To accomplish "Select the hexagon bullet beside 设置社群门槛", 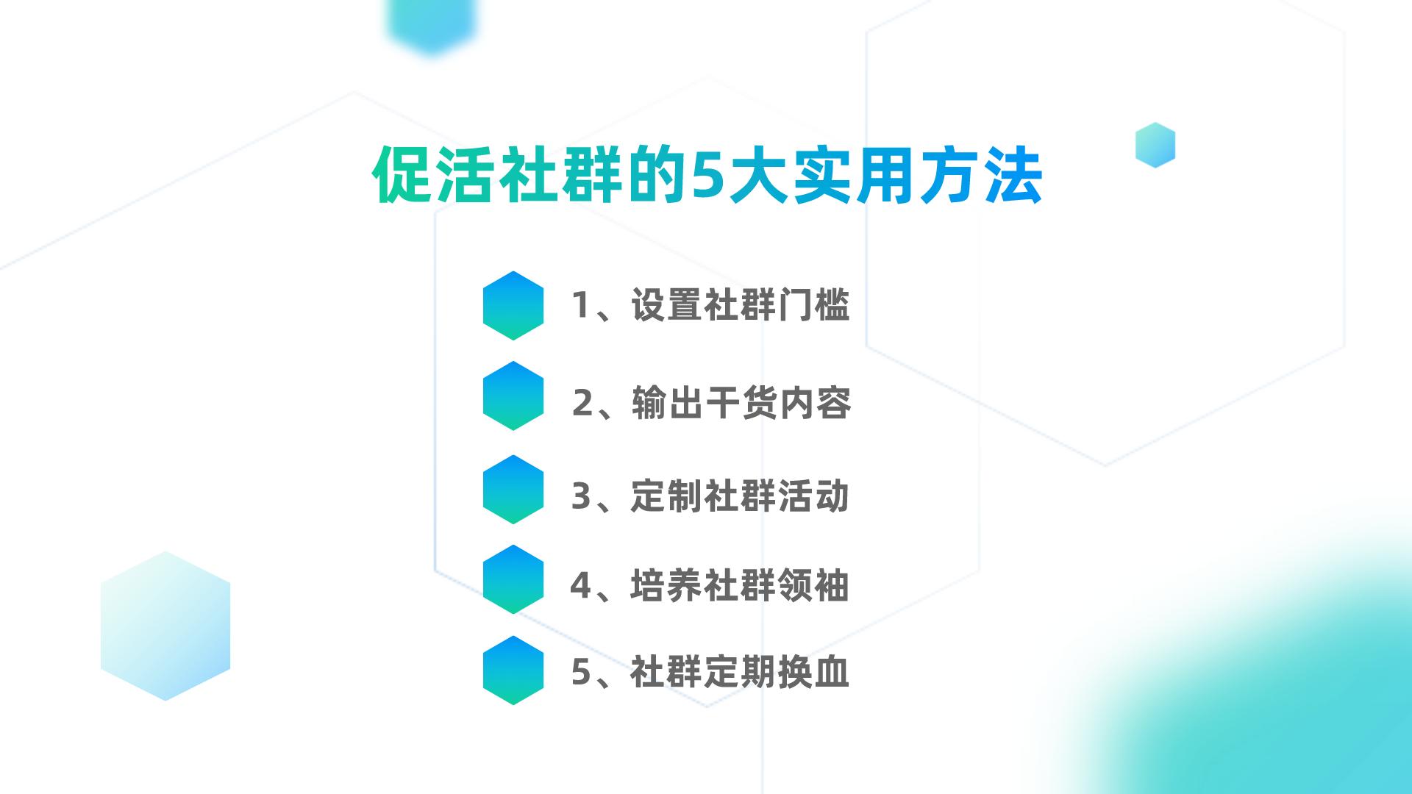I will point(513,305).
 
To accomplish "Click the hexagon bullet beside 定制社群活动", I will point(513,489).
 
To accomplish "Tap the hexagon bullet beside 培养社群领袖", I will point(513,579).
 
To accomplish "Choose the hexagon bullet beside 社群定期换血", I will point(513,670).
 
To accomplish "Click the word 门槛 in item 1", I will point(813,305).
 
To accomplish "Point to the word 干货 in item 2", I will point(741,403).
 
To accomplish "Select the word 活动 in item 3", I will point(813,496).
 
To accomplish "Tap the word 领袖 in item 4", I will point(813,586).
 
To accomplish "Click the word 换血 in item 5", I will point(813,672).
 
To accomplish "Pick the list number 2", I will point(582,403).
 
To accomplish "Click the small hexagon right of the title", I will point(1155,145).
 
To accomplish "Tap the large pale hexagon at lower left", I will point(165,626).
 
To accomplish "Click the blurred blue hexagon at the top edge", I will point(432,22).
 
